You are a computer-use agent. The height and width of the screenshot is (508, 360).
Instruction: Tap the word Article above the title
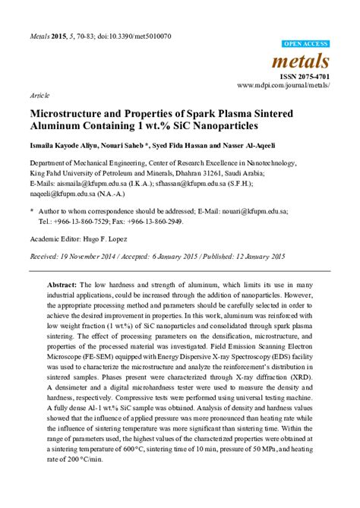pyautogui.click(x=39, y=98)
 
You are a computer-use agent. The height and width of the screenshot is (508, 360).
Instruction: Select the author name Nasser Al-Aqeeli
pyautogui.click(x=229, y=145)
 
